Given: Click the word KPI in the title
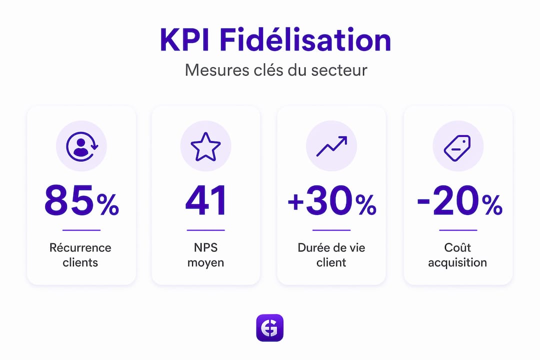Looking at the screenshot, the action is pos(184,40).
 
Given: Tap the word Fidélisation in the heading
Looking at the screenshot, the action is pos(305,39).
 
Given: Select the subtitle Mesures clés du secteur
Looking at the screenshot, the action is pos(276,70).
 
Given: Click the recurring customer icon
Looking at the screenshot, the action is pos(82,146).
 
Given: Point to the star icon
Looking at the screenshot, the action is pos(205,147).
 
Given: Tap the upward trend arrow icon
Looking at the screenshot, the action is pos(331,146).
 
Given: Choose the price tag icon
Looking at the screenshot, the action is pos(457,147).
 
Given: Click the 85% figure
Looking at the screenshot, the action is pos(81,200).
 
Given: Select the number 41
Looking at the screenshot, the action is pos(205,200).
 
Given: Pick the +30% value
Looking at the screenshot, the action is pos(331,200).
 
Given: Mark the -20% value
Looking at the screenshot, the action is pos(459,200).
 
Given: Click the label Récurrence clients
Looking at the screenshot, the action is pos(80,255).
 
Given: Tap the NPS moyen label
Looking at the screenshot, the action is pos(205,255).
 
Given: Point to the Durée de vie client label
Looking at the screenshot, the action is pos(331,255).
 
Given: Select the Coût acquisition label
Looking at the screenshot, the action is pos(457,255).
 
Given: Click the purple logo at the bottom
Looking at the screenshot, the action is pos(269,327).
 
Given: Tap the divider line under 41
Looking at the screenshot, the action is pos(205,230).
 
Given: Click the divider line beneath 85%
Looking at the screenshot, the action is pos(81,230).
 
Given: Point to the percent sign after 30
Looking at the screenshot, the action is pos(365,204).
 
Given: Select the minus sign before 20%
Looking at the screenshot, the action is pos(423,202).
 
